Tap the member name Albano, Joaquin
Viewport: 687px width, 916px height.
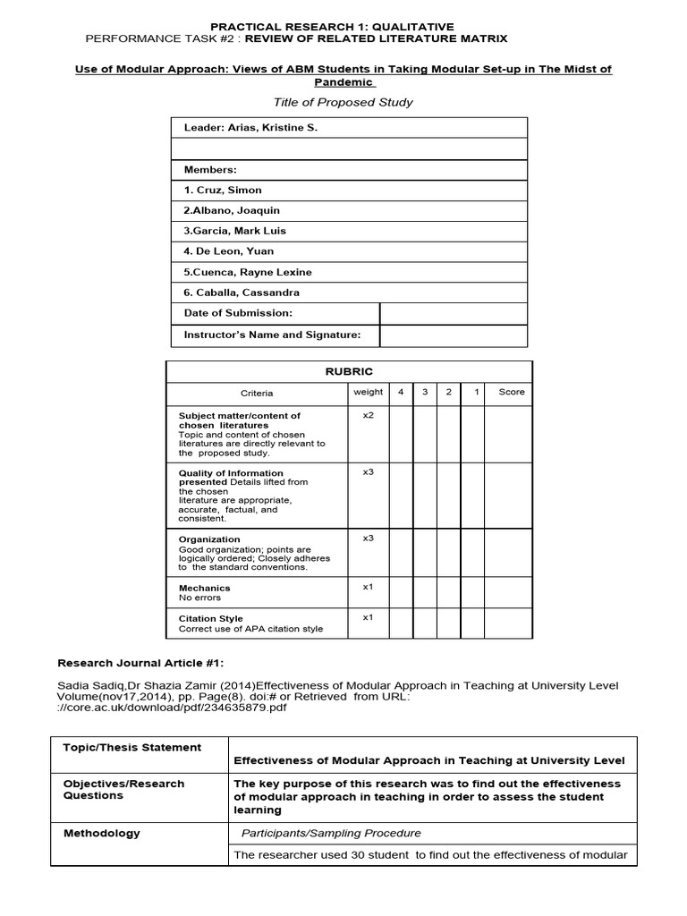point(232,210)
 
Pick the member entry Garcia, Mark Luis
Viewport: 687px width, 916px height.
point(234,231)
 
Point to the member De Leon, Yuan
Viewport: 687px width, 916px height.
point(229,251)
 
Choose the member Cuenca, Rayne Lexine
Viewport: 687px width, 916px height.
point(248,272)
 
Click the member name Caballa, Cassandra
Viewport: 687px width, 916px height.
point(242,293)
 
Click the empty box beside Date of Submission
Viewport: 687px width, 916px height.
point(453,313)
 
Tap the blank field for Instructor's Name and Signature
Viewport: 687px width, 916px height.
point(453,335)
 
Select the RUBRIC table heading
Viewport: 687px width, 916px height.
point(349,371)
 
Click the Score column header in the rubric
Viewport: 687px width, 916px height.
point(512,392)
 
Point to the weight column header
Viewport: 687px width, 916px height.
point(368,392)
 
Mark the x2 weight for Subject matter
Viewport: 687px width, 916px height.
point(368,415)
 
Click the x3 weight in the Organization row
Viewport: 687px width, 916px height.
point(368,539)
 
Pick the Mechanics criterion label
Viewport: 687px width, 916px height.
point(204,588)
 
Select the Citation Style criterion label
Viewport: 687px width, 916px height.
point(210,618)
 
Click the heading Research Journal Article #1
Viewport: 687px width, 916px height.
point(140,663)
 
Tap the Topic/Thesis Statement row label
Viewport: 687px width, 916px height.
point(132,747)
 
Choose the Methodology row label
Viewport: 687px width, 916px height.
point(102,833)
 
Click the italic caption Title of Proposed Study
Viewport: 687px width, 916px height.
point(343,102)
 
